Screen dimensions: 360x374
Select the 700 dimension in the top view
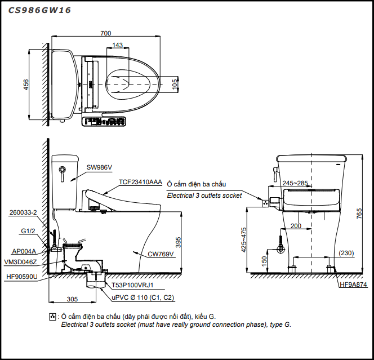coord(105,33)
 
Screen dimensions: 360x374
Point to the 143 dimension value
coord(118,45)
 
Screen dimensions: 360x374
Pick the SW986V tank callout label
coord(100,167)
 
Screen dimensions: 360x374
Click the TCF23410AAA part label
coord(140,183)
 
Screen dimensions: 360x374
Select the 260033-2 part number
coord(23,212)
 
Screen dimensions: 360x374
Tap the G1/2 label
coord(28,231)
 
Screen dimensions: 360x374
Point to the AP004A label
coord(24,251)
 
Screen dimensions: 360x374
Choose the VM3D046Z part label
coord(21,262)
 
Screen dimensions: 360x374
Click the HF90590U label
coord(21,277)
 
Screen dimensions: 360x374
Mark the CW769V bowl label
coord(161,254)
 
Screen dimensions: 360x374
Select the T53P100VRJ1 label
coord(131,286)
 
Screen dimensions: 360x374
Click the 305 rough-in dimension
coord(73,300)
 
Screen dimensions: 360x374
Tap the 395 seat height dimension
coord(179,241)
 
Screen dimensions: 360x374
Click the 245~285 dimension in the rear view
coord(296,183)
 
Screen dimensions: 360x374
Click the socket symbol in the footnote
coord(52,317)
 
